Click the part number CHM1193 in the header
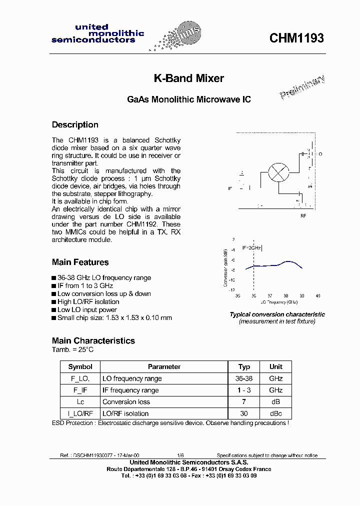click(x=296, y=38)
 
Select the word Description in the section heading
click(x=75, y=124)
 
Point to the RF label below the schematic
click(x=303, y=216)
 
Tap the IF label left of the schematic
click(x=230, y=188)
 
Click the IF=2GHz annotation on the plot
click(x=251, y=247)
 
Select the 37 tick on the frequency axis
click(x=270, y=296)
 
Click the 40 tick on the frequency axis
click(x=318, y=296)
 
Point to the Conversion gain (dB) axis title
click(x=226, y=267)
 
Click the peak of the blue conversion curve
click(x=288, y=261)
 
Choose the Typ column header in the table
click(x=244, y=366)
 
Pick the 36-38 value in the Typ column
click(x=244, y=378)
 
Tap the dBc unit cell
click(x=275, y=413)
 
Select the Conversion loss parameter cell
click(x=126, y=401)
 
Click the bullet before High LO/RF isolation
click(x=54, y=302)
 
